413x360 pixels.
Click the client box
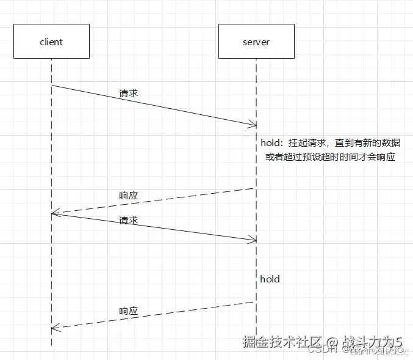click(x=51, y=42)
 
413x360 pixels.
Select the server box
click(x=256, y=42)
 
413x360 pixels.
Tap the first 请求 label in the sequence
click(x=128, y=94)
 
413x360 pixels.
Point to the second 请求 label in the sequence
click(x=128, y=220)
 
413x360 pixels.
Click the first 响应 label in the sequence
click(x=128, y=196)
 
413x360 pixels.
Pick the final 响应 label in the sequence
click(x=128, y=310)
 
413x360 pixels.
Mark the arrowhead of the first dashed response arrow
click(x=54, y=213)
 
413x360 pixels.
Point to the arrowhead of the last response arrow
click(x=54, y=328)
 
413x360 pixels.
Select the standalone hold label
click(x=270, y=279)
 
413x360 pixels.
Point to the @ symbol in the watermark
click(x=331, y=343)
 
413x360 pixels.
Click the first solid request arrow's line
click(x=153, y=105)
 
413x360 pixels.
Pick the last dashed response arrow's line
click(x=153, y=315)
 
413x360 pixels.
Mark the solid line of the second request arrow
click(x=153, y=227)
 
